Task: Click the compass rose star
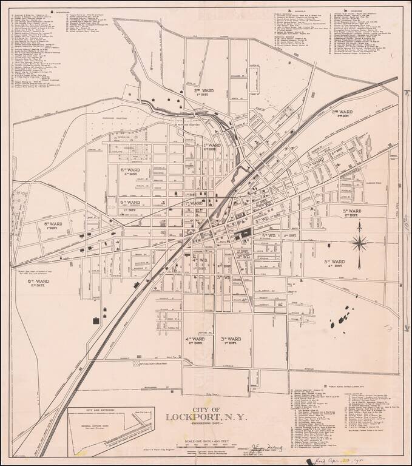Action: click(359, 244)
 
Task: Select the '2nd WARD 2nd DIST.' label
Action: click(343, 114)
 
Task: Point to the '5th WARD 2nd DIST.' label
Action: click(351, 212)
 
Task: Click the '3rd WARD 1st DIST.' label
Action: click(231, 340)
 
